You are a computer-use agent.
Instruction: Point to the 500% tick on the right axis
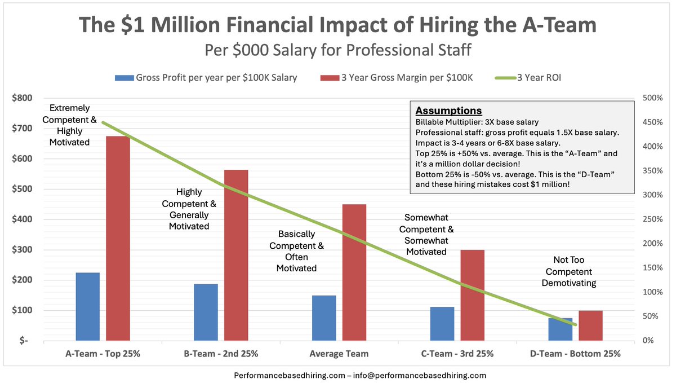point(652,98)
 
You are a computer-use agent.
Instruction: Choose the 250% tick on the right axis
point(652,219)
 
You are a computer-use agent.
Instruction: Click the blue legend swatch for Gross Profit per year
point(123,78)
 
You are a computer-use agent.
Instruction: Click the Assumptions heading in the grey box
point(448,111)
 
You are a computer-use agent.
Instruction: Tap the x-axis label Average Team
point(339,354)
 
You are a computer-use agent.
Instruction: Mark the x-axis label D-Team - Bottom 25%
point(575,354)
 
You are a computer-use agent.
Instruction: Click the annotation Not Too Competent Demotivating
point(568,271)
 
